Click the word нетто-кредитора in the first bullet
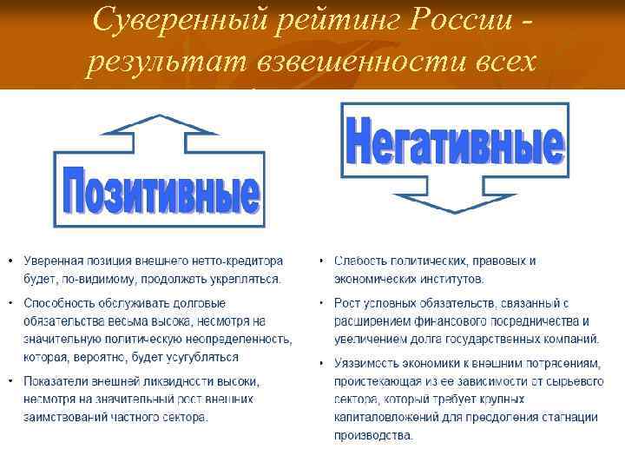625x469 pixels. [x=228, y=261]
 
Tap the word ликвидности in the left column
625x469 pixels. [x=166, y=381]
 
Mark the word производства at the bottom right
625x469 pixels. [x=374, y=435]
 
